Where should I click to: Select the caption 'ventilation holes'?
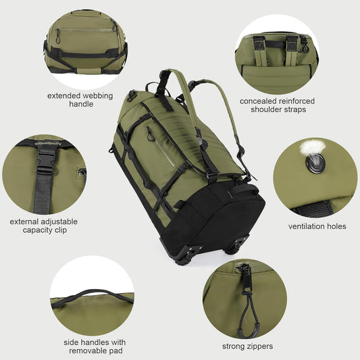pyautogui.click(x=317, y=226)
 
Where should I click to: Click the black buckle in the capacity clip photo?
pyautogui.click(x=45, y=159)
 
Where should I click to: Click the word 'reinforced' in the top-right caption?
pyautogui.click(x=296, y=101)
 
